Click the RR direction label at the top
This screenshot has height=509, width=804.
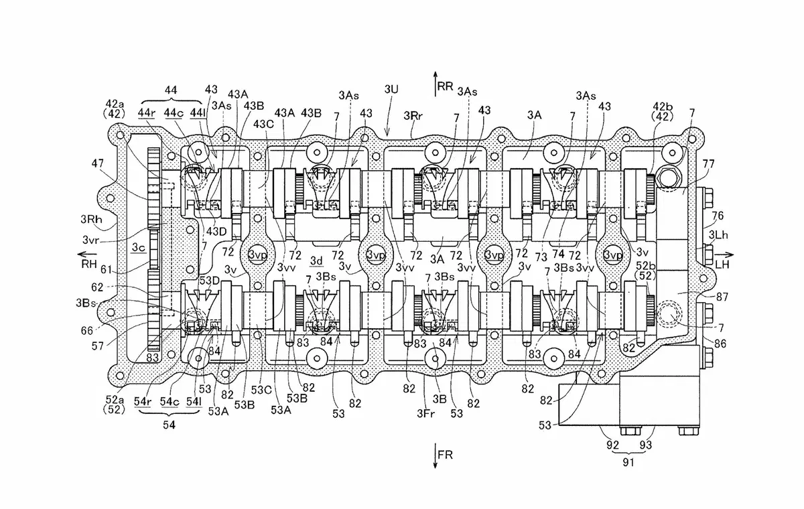pyautogui.click(x=445, y=86)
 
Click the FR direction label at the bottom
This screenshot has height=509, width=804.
pyautogui.click(x=445, y=455)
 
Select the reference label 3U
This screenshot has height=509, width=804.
pyautogui.click(x=391, y=89)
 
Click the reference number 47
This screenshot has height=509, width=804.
pyautogui.click(x=97, y=163)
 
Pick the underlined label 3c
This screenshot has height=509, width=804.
pyautogui.click(x=139, y=247)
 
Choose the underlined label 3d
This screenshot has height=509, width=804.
pyautogui.click(x=316, y=261)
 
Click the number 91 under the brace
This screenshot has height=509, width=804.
pyautogui.click(x=628, y=462)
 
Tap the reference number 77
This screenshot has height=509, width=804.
pyautogui.click(x=708, y=163)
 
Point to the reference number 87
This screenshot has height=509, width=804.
pyautogui.click(x=722, y=297)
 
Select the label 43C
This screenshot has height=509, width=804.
pyautogui.click(x=263, y=124)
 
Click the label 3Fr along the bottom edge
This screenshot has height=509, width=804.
pyautogui.click(x=425, y=414)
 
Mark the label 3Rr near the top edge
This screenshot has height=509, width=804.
pyautogui.click(x=413, y=115)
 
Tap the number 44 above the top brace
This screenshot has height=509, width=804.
pyautogui.click(x=170, y=90)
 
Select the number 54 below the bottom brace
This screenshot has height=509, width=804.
pyautogui.click(x=169, y=425)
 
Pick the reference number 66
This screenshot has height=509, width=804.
pyautogui.click(x=87, y=330)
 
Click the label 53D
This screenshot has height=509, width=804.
pyautogui.click(x=209, y=281)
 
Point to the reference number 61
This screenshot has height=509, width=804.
pyautogui.click(x=106, y=269)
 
